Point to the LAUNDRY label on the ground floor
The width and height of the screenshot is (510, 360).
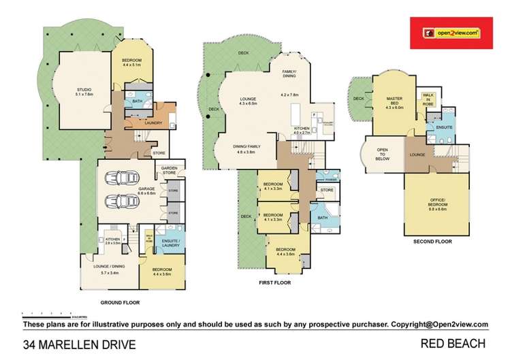click(153, 123)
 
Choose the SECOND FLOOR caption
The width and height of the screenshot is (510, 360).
click(432, 241)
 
